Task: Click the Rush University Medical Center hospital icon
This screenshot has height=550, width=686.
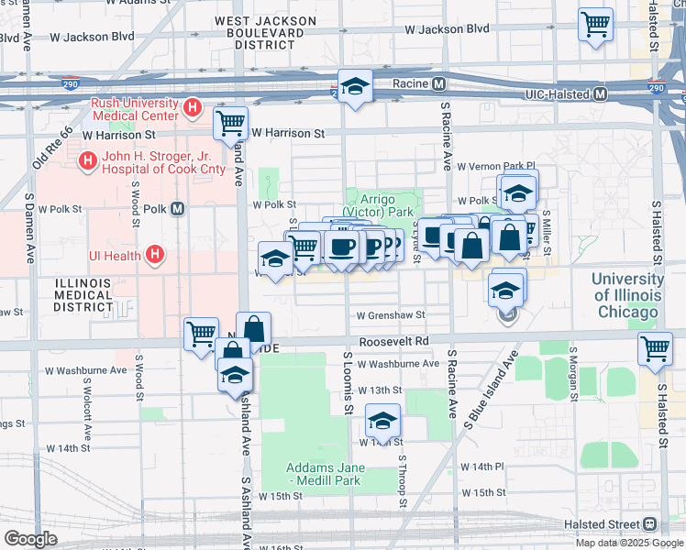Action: (193, 108)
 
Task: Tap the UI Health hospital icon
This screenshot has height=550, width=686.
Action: (155, 254)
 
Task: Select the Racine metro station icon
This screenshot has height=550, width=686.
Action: (439, 84)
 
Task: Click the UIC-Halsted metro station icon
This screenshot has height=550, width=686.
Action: (601, 94)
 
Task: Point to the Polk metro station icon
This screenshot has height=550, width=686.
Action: (178, 208)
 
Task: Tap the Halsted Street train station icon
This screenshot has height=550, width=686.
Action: (650, 523)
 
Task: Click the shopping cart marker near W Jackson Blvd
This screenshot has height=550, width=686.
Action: (596, 24)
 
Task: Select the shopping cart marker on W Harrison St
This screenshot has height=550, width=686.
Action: (230, 122)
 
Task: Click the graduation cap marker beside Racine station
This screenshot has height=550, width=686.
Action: (355, 87)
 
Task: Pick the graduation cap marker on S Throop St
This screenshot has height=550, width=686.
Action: (382, 421)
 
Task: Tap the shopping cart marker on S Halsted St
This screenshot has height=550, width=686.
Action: (656, 349)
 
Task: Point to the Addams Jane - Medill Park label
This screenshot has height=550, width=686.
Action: (326, 474)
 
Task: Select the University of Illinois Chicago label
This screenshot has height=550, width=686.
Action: (628, 295)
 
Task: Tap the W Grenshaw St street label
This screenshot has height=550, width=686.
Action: (391, 314)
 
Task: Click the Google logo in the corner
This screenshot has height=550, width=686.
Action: (31, 538)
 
